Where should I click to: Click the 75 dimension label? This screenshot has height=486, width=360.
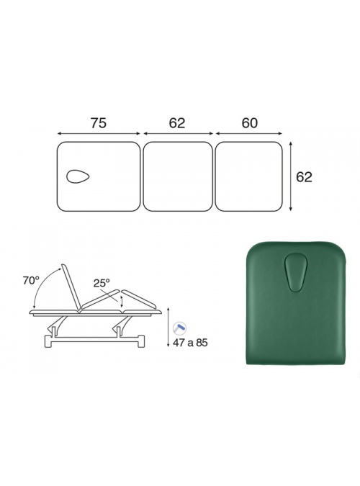99,123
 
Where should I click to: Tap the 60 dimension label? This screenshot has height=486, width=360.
250,123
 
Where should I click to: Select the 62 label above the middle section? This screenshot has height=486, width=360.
177,123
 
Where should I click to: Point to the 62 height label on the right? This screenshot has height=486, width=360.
304,177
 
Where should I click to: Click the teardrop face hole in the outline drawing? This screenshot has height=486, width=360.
78,176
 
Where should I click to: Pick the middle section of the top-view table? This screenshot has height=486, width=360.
178,176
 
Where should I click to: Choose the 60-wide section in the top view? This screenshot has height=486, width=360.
248,176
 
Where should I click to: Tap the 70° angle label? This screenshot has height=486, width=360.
31,280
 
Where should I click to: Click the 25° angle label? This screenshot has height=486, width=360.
102,283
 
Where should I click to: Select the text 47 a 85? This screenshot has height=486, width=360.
190,343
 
